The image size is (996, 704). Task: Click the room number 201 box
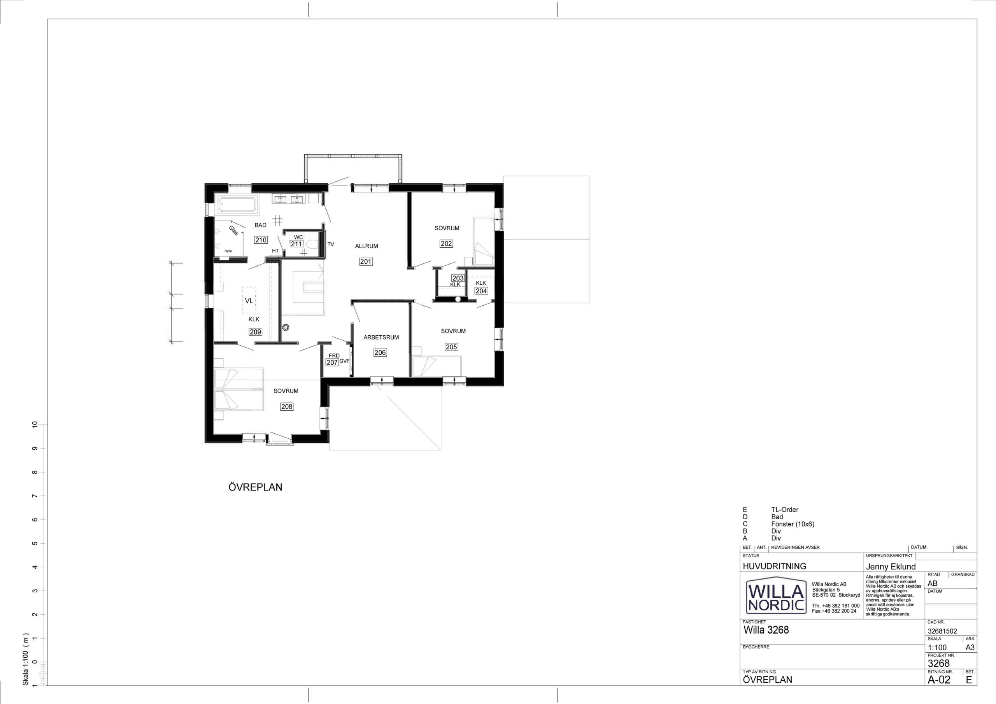[366, 261]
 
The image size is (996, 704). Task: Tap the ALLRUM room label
[366, 246]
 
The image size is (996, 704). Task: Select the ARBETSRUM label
[381, 337]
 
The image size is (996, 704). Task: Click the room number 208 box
[287, 406]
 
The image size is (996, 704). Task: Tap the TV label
[331, 244]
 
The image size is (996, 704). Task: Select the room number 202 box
[446, 244]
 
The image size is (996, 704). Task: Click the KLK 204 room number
[481, 291]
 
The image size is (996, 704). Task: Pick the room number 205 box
[451, 347]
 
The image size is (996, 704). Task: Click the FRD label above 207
[334, 356]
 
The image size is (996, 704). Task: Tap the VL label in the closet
[249, 300]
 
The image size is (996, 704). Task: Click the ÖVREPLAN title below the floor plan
[255, 487]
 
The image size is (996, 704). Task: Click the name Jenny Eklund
[891, 566]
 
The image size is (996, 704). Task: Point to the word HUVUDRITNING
[774, 566]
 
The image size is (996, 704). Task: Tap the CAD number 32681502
[942, 631]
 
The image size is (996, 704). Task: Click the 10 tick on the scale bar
[35, 425]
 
